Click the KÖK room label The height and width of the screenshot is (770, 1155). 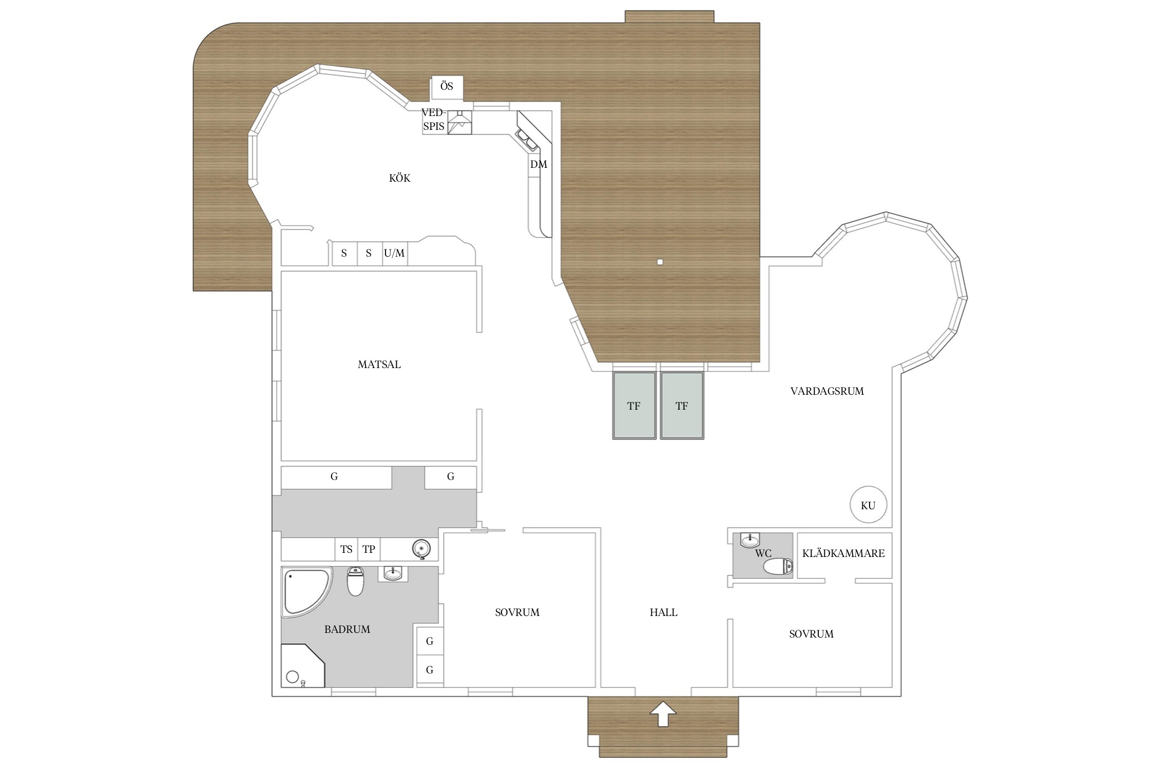click(x=399, y=178)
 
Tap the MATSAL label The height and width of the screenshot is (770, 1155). click(x=379, y=364)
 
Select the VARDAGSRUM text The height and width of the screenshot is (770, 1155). click(x=827, y=391)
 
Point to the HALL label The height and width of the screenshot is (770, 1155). click(x=663, y=612)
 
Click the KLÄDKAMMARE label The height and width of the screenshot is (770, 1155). click(x=843, y=553)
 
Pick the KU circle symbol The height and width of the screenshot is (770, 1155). click(x=868, y=505)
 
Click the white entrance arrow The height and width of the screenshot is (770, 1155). click(x=663, y=714)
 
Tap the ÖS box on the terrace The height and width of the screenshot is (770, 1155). click(x=447, y=88)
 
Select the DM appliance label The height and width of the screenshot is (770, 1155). click(x=538, y=164)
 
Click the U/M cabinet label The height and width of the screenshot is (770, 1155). click(x=394, y=253)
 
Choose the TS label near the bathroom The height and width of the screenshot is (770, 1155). click(x=346, y=549)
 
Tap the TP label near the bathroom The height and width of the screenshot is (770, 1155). click(x=369, y=549)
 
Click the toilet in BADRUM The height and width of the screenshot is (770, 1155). click(x=355, y=581)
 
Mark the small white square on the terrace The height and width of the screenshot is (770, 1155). click(x=660, y=262)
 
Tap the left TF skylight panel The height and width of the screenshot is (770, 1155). click(x=634, y=406)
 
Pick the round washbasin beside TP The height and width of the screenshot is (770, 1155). click(x=420, y=549)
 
